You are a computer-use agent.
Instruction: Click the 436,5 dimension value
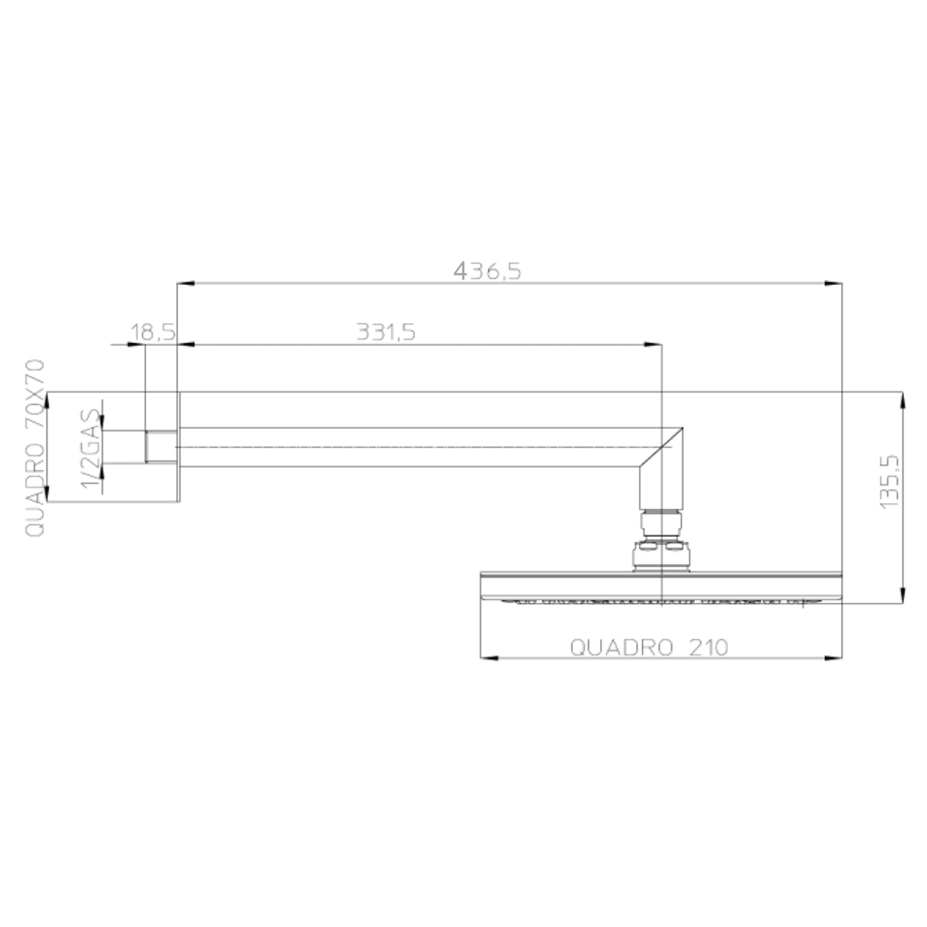coord(487,271)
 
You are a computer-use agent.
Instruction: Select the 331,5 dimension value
coord(386,332)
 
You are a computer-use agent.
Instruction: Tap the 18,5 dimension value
coord(152,332)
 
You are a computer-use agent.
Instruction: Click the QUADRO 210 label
coord(649,647)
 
